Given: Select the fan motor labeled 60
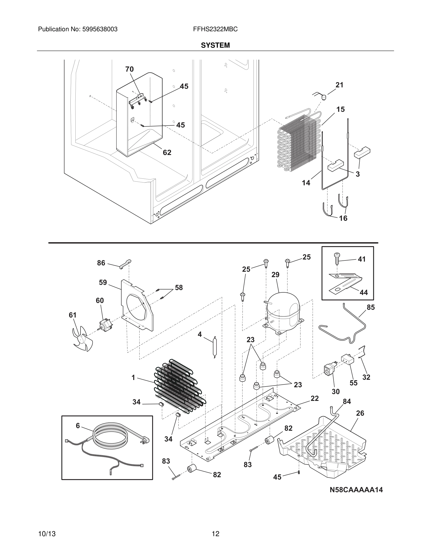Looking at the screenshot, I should tap(105, 325).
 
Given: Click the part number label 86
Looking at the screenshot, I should tap(101, 263).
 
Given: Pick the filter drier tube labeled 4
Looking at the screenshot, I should tap(214, 347).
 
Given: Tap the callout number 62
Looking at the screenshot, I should tap(167, 152).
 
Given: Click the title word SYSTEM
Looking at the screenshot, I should tap(215, 45).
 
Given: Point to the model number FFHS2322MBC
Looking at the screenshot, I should tap(215, 29).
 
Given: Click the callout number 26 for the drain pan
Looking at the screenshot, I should tap(360, 413).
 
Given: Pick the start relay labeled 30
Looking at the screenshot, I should tap(329, 370).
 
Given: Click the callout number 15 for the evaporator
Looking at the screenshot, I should tap(340, 109).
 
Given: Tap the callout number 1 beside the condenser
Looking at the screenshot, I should tap(133, 378).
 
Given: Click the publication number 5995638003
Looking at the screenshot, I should tap(100, 29).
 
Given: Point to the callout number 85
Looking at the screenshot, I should tap(370, 307).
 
